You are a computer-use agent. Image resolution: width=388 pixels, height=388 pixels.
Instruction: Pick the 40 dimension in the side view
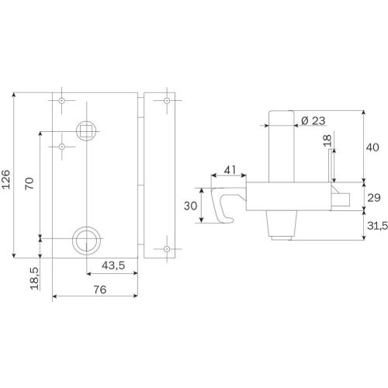click(372, 147)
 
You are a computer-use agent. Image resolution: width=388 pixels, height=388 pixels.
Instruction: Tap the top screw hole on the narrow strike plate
click(166, 102)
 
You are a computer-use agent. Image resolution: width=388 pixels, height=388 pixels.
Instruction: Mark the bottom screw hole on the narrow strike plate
click(166, 249)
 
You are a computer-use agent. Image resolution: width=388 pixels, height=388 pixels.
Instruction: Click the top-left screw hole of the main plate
click(61, 101)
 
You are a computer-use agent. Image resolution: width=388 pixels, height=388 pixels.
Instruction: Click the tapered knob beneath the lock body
click(282, 226)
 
